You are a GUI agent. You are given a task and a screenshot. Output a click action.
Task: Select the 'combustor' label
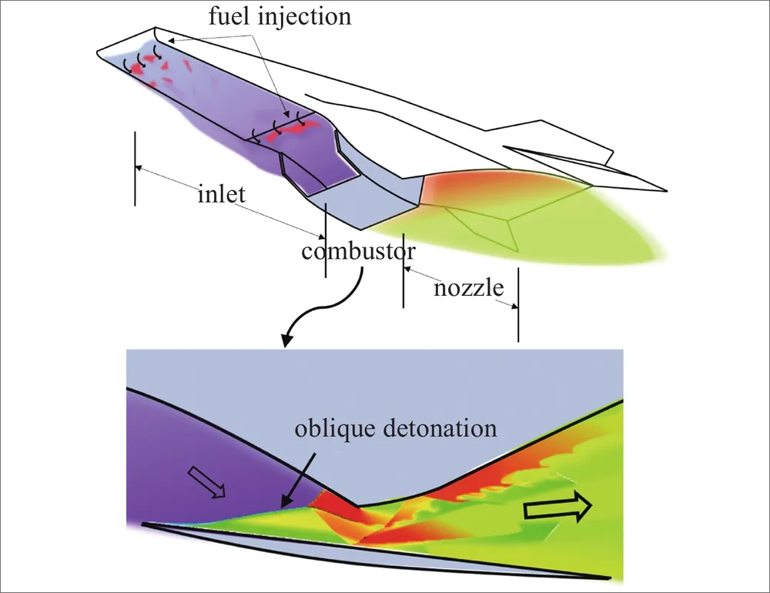359,252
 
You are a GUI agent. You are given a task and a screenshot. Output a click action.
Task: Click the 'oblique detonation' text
396,429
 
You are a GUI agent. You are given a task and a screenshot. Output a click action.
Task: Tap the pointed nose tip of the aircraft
99,52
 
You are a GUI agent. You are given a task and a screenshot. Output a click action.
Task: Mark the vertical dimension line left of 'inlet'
136,168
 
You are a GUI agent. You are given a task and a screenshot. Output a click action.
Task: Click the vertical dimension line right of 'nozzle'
517,304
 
